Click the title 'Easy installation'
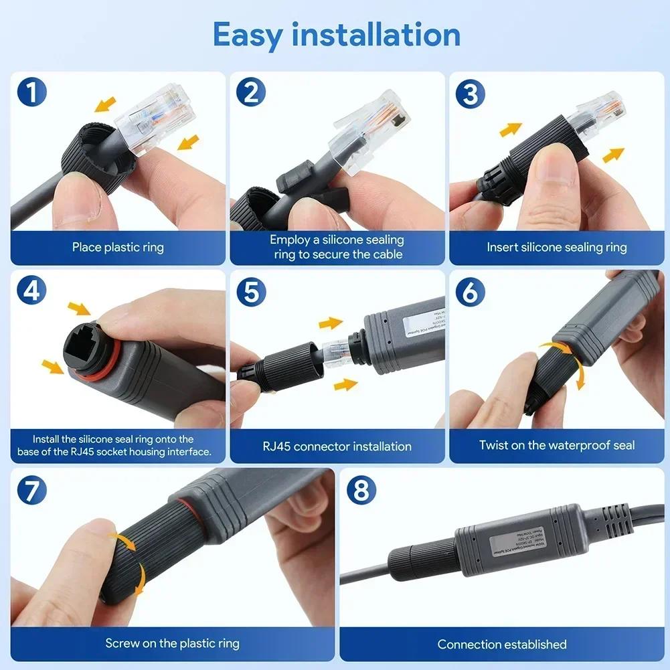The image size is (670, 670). tap(336, 35)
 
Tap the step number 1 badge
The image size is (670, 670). tap(31, 92)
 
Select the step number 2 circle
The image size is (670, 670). tap(250, 92)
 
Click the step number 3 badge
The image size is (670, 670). tap(470, 94)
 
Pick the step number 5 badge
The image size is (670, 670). tap(250, 292)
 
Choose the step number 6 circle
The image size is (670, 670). tap(470, 292)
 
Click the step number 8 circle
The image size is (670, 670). tap(361, 491)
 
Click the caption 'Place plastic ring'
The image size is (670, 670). tap(118, 248)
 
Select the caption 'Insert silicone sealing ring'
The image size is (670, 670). tap(557, 248)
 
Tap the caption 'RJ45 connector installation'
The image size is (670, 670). tap(337, 446)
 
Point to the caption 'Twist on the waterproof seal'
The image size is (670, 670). tap(557, 446)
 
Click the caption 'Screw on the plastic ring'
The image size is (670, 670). tap(173, 644)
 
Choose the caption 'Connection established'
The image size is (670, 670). tap(502, 645)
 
